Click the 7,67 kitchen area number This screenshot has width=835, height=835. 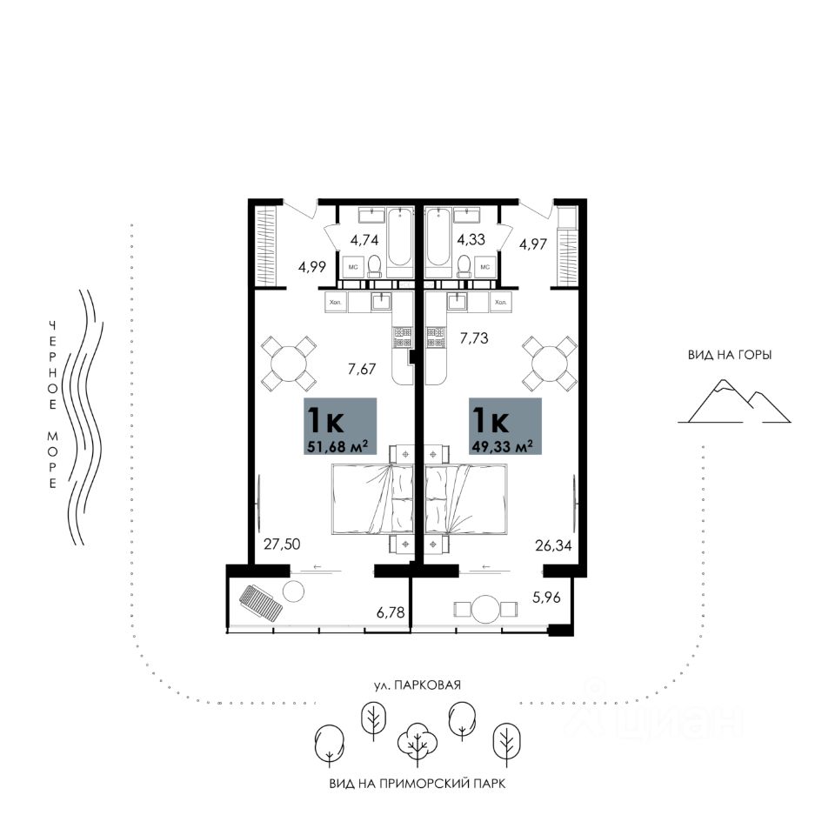(361, 369)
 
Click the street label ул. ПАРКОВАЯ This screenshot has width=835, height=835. (417, 685)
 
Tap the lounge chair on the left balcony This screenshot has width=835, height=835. (261, 602)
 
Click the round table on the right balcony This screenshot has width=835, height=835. (488, 608)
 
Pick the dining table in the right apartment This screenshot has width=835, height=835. (550, 362)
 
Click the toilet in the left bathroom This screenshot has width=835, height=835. (375, 264)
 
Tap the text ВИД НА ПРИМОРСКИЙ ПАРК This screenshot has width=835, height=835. (417, 783)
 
